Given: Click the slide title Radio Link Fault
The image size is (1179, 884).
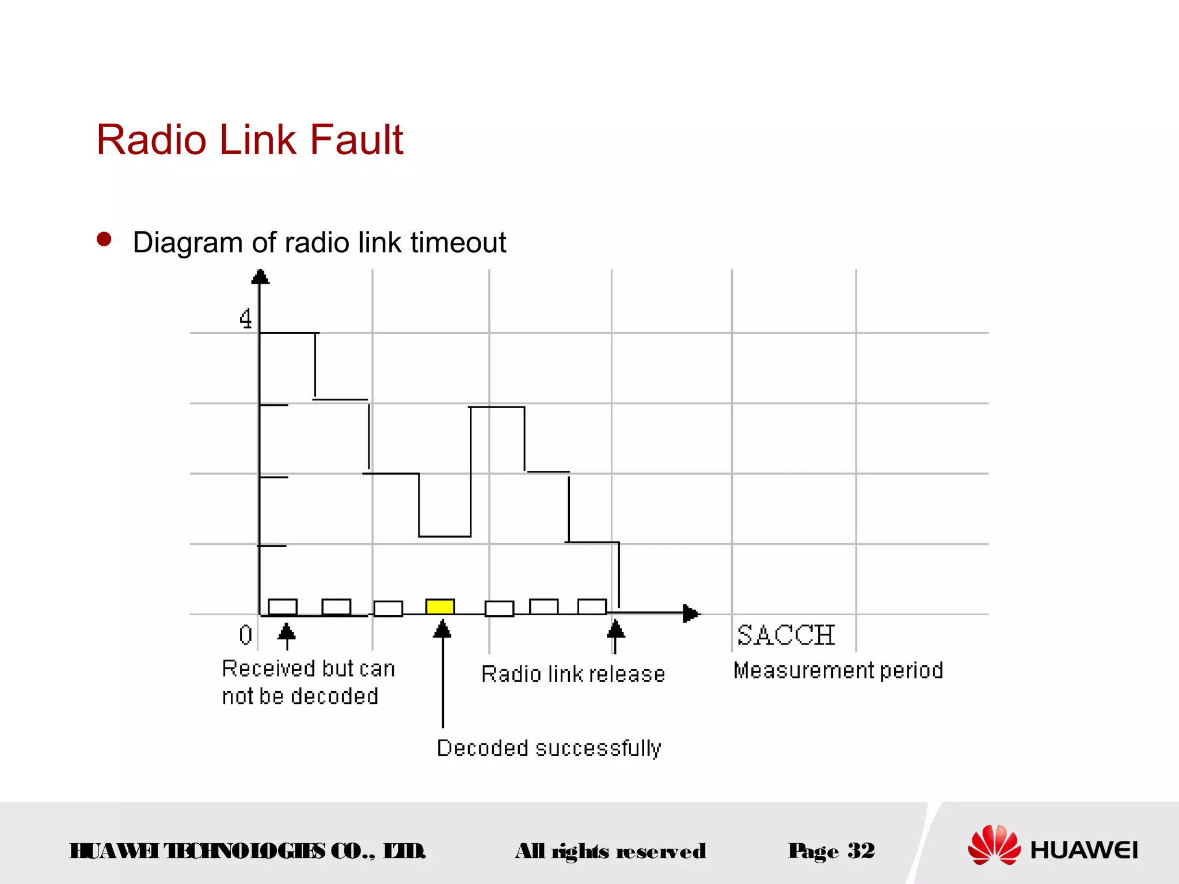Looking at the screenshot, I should [250, 140].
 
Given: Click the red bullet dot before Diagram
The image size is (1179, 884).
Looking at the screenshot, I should [104, 239].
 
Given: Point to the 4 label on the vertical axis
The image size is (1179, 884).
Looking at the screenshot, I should [246, 318].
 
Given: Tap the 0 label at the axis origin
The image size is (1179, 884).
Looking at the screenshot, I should [246, 635].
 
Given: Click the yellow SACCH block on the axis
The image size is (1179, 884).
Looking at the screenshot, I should [440, 607].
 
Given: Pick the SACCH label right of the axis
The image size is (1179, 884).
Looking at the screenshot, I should [786, 635].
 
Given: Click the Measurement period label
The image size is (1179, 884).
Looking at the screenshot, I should [838, 670].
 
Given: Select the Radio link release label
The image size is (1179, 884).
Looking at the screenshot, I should [573, 674].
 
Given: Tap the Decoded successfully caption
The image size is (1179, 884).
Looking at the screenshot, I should [549, 748].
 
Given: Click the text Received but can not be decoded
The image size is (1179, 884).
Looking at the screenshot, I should [308, 683].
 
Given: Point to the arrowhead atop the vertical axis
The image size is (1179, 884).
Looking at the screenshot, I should [260, 277].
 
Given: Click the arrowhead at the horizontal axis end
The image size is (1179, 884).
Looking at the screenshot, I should [691, 614].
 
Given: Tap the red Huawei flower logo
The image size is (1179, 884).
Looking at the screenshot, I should [994, 845].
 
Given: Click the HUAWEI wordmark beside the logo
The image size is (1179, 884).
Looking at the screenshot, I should [1084, 850].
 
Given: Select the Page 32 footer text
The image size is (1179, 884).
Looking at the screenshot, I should [831, 851].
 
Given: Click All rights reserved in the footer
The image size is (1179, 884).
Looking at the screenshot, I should [610, 851].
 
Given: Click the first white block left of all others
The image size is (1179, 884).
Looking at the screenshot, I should [283, 607].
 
